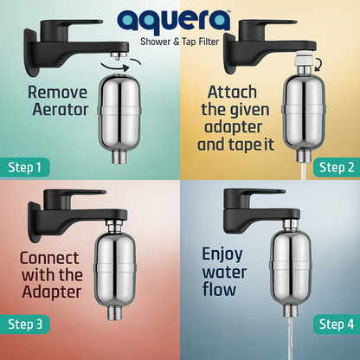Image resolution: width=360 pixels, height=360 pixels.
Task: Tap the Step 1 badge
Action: coord(25,167)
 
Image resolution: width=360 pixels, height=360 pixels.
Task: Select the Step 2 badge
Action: coord(337,167)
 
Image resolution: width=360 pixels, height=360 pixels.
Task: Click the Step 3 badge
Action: coord(25,325)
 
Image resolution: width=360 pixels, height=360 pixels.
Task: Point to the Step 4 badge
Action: coord(337,325)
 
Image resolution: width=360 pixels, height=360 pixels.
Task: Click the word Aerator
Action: coord(61,110)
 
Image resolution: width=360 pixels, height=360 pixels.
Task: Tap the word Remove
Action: coord(57,93)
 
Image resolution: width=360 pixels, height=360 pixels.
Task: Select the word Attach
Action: coord(232,93)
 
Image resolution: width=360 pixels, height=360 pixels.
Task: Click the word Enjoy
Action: coord(222,255)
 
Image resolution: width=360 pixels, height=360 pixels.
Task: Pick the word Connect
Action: coord(49,258)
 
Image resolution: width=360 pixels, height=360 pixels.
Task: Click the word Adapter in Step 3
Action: coord(52,292)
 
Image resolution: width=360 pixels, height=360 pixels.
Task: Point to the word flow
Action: coord(219,289)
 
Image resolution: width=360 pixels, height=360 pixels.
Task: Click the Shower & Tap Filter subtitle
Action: coord(180,42)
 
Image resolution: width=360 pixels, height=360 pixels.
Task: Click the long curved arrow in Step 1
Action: coord(114,67)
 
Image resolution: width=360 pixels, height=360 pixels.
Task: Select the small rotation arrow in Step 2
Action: coord(318,65)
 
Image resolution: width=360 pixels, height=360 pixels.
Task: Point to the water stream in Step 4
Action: coord(290,338)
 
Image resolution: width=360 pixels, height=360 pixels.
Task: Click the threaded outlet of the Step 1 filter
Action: coord(119,156)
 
